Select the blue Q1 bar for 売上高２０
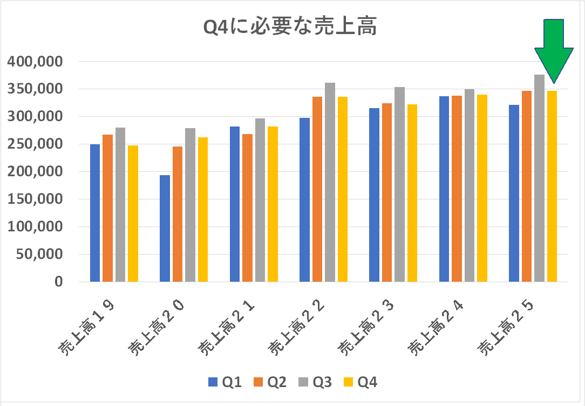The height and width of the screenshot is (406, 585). point(165,228)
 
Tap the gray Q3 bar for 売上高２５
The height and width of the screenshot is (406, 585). point(539,178)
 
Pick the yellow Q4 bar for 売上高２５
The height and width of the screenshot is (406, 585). point(552,186)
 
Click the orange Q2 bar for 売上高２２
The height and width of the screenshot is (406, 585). point(317,189)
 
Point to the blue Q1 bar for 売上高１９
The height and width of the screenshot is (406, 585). point(95,213)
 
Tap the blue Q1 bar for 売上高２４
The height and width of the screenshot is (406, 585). point(444,189)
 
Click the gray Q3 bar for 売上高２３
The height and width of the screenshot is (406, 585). point(399,184)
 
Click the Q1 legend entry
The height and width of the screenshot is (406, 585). point(225,383)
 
